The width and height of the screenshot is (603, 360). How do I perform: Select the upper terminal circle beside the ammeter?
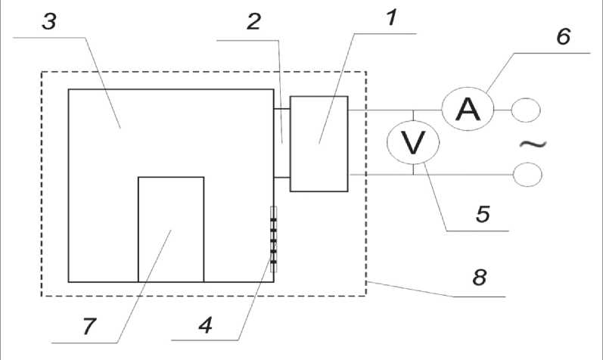coord(526,110)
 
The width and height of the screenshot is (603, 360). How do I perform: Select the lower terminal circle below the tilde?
coord(527,175)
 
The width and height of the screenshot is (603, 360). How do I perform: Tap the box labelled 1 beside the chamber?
coord(319,144)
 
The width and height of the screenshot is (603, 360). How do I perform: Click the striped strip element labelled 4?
coord(273,239)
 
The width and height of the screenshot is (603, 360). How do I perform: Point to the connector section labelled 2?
coord(281,144)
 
